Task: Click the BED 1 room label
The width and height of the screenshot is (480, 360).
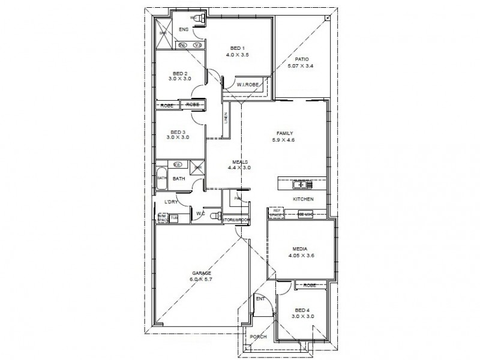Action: (x=238, y=48)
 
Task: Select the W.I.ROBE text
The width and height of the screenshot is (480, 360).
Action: (x=247, y=85)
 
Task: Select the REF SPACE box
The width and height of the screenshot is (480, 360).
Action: (x=277, y=212)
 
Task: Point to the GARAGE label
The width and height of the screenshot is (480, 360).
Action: (x=201, y=273)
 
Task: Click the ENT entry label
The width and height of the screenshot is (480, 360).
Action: (x=260, y=298)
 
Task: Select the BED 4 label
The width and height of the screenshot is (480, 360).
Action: (x=302, y=310)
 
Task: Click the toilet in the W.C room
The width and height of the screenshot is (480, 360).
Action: (x=218, y=214)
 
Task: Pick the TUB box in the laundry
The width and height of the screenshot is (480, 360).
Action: (x=174, y=218)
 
